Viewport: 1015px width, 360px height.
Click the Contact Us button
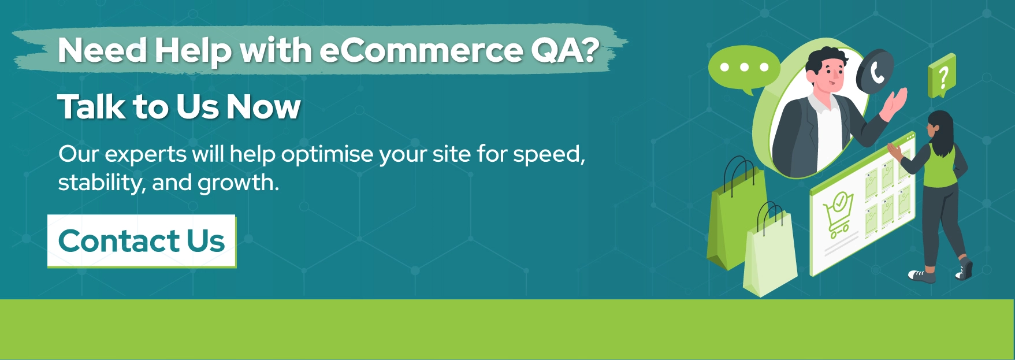point(142,241)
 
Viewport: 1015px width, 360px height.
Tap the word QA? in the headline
point(565,50)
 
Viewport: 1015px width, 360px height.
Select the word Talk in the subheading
point(91,107)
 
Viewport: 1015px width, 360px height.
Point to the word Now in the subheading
point(263,107)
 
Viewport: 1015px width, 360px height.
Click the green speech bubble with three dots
point(743,69)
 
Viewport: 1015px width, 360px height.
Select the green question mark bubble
point(942,76)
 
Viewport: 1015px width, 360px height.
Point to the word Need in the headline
point(103,50)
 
